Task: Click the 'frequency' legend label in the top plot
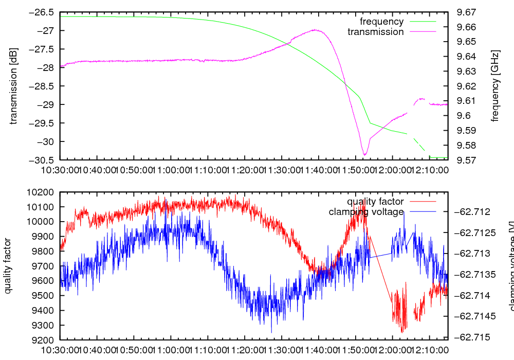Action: [x=381, y=22]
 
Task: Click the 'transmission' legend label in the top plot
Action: [x=375, y=32]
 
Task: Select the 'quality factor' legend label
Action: [x=375, y=202]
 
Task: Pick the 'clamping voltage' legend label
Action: [x=366, y=212]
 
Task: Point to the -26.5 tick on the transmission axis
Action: [x=45, y=12]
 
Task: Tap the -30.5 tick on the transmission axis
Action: [x=45, y=160]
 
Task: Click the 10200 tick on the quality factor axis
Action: [x=43, y=192]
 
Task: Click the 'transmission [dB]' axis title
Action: [x=14, y=86]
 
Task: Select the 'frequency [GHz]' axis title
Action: [x=495, y=86]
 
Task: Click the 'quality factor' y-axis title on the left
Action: [x=8, y=266]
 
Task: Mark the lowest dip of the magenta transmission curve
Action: [x=364, y=155]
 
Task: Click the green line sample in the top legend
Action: [x=422, y=22]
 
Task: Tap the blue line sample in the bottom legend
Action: [x=422, y=212]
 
